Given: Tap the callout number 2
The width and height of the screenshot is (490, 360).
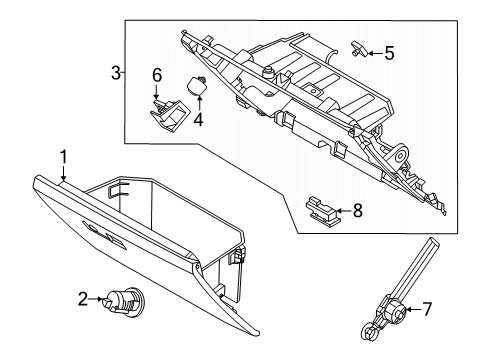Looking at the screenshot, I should point(83,298).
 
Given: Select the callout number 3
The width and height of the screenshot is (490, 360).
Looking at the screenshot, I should point(116,73).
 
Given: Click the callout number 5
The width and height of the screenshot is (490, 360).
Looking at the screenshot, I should point(389,52).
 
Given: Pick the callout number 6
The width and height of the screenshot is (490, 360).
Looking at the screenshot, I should point(157,75).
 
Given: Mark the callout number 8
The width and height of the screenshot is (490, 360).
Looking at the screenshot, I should point(357,211).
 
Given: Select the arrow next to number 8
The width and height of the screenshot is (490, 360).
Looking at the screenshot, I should point(342,211).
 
